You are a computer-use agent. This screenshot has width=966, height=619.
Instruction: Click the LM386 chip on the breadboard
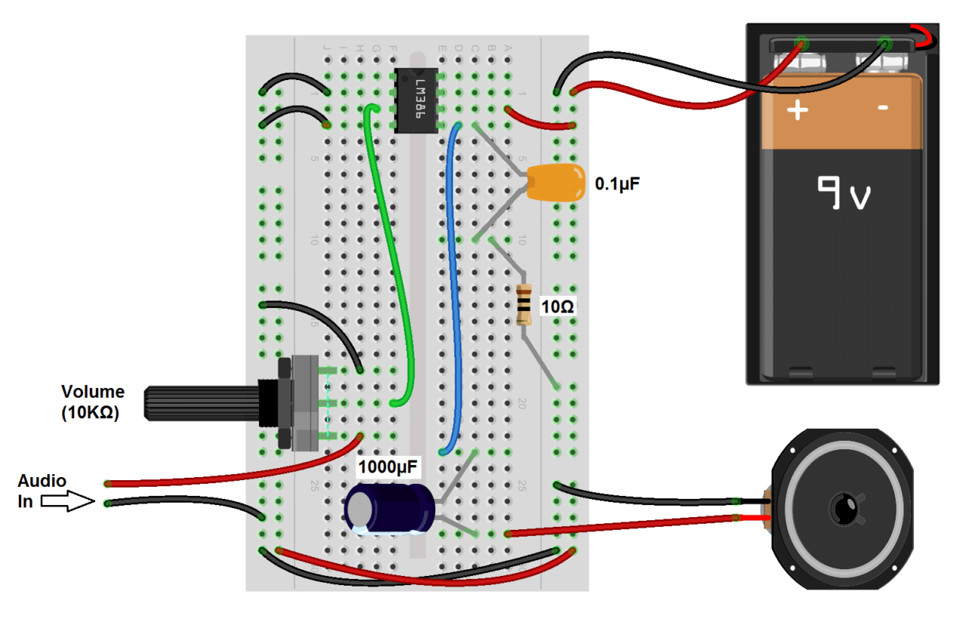(416, 100)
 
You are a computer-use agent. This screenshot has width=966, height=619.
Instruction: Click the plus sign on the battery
(798, 111)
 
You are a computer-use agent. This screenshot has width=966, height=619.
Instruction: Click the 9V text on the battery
(844, 194)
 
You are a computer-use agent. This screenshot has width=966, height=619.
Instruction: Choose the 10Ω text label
(558, 306)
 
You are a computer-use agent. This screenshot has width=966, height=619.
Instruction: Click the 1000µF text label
(389, 466)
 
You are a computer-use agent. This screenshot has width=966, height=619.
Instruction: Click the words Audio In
(42, 491)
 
